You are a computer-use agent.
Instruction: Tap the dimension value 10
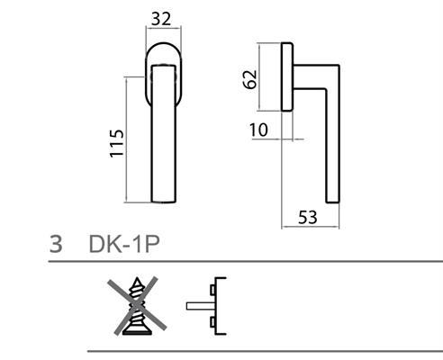click(258, 131)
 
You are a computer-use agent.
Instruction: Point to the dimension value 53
click(308, 216)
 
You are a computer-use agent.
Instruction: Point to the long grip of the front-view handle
click(163, 135)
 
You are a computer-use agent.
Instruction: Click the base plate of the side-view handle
click(287, 76)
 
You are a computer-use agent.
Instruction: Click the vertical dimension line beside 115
click(127, 139)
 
